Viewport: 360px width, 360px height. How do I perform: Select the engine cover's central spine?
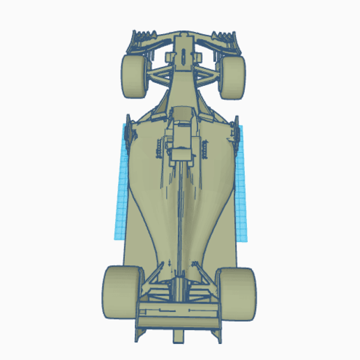click(x=181, y=209)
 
